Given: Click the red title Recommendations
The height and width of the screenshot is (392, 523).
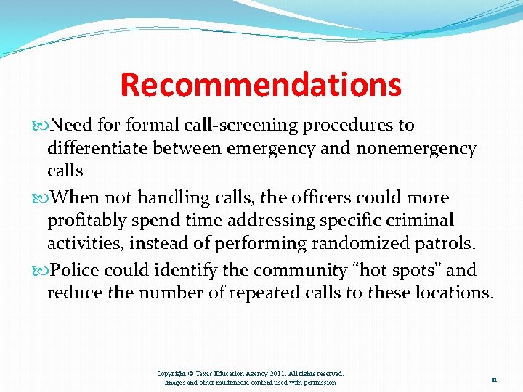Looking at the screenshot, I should pos(260,84).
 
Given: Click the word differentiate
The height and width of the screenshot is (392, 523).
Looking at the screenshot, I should pos(98,149).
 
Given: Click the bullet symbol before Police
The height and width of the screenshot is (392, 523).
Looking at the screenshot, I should pos(41,270).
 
